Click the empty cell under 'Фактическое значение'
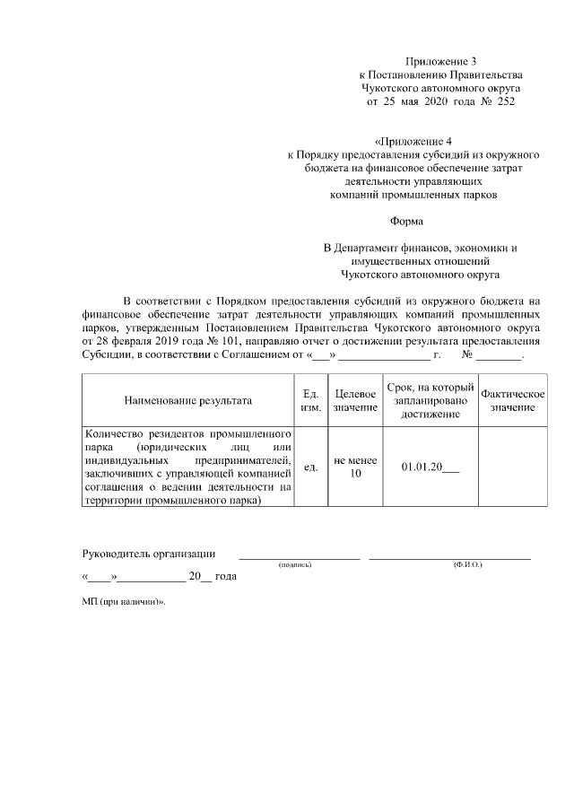click(513, 467)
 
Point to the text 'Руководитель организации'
click(148, 552)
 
